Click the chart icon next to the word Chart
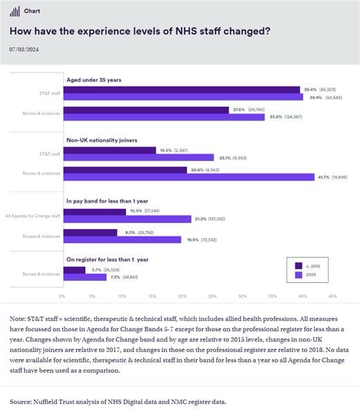(x=15, y=11)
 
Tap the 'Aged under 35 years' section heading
(x=93, y=80)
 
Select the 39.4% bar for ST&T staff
(x=181, y=89)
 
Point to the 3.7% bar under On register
(x=73, y=269)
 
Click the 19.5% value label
(x=191, y=239)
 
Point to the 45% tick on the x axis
(x=332, y=295)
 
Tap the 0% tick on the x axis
(x=62, y=295)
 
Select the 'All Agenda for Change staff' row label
(x=33, y=215)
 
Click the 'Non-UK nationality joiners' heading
(x=102, y=140)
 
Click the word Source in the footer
(x=20, y=401)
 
